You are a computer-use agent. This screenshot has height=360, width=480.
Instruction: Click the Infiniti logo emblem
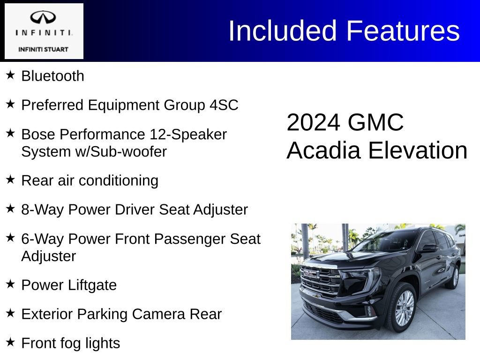pos(43,18)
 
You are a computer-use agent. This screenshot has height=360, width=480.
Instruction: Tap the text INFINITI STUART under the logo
pos(43,49)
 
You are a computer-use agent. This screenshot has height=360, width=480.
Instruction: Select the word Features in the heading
pos(403,31)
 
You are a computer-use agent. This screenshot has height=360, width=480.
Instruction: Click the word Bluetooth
pos(52,76)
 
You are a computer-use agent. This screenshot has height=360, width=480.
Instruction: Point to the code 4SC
pos(224,105)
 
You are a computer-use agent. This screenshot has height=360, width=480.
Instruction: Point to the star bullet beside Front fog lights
pos(10,342)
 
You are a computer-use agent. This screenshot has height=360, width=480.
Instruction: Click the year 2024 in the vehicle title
pos(313,123)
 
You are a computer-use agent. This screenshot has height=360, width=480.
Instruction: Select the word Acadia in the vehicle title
pos(323,151)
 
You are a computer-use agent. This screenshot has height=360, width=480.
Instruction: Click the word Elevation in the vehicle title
pos(418,151)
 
